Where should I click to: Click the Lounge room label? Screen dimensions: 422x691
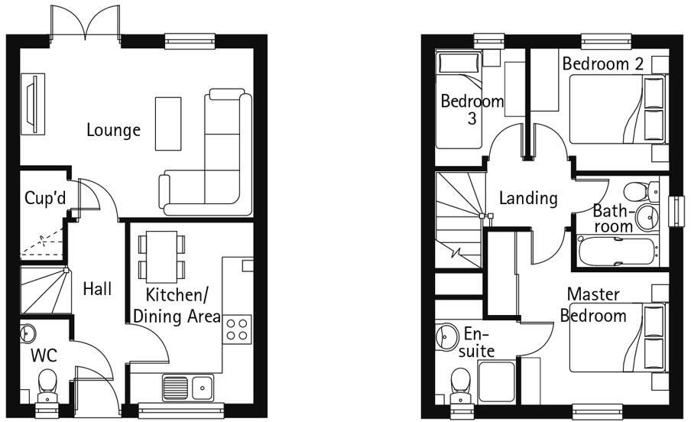[x=113, y=130]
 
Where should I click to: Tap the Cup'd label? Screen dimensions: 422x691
[x=45, y=198]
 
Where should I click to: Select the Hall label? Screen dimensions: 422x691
[x=98, y=289]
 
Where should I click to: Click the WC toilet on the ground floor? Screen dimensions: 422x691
[x=48, y=385]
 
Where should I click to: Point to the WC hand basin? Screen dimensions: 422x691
[x=28, y=333]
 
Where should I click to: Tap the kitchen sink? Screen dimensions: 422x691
[x=187, y=387]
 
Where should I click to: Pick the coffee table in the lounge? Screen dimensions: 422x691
[x=169, y=123]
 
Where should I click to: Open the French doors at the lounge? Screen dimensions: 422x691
[x=86, y=23]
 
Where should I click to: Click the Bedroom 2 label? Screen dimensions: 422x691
[x=602, y=64]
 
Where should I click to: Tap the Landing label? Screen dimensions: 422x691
[x=528, y=199]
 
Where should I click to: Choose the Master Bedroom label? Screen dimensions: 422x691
[x=593, y=305]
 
